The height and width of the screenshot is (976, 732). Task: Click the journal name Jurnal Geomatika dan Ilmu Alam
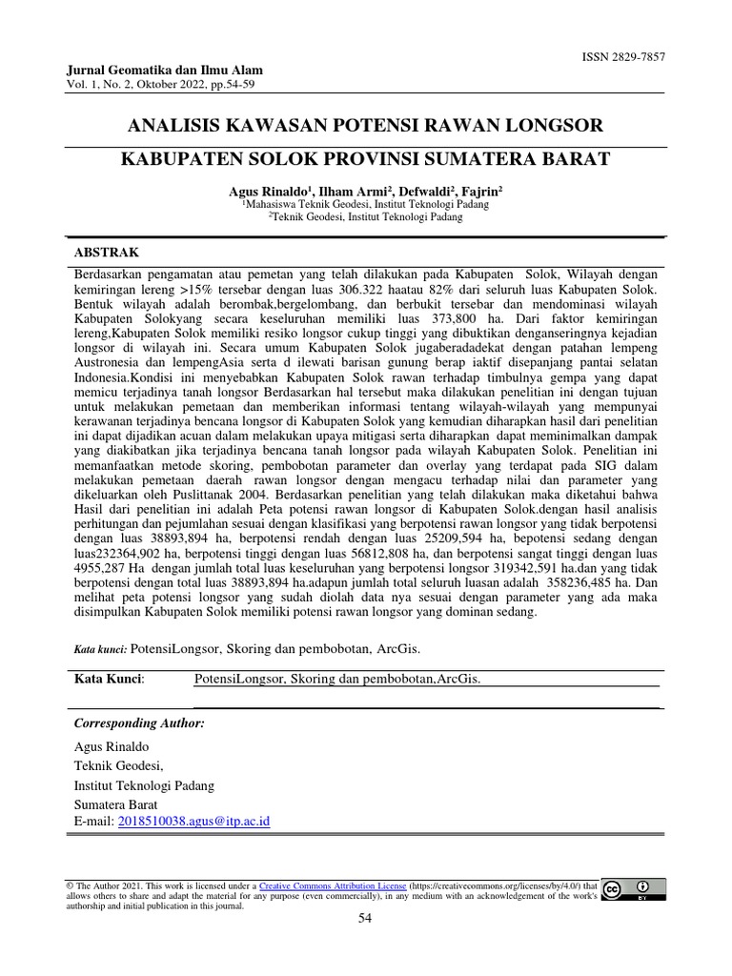(165, 71)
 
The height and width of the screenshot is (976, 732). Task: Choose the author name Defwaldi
(422, 191)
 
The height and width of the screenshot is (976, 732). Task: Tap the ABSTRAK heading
(107, 252)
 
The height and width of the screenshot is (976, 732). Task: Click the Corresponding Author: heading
(139, 723)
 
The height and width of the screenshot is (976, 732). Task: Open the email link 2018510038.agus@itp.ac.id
(193, 820)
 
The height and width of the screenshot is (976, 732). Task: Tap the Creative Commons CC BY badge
(634, 889)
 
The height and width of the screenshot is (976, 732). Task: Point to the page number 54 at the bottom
(365, 918)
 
